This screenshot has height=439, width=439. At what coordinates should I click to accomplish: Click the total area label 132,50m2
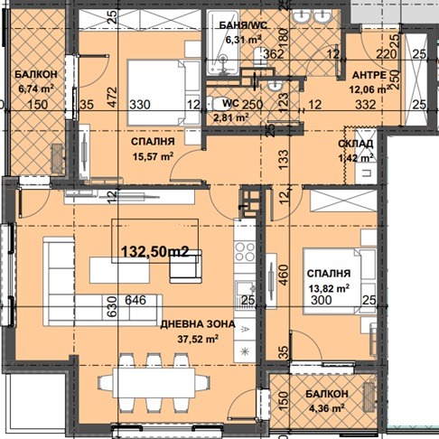coord(149,253)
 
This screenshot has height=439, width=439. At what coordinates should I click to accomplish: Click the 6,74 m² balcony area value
coord(35,89)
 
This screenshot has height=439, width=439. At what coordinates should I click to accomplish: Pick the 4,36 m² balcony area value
coord(322,408)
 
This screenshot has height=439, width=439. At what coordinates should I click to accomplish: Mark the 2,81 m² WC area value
coord(229,117)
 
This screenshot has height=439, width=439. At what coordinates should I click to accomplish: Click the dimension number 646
coord(135,301)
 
